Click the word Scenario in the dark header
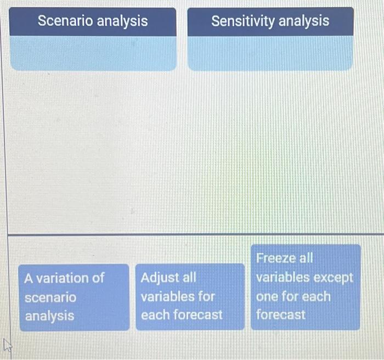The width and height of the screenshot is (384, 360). [x=65, y=21]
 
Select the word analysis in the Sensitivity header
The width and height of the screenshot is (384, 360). [x=304, y=21]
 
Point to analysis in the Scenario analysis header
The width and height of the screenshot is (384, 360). [x=122, y=21]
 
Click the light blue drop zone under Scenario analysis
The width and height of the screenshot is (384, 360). [x=93, y=53]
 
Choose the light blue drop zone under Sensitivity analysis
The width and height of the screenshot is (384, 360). [x=270, y=53]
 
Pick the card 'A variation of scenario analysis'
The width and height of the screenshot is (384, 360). [x=74, y=297]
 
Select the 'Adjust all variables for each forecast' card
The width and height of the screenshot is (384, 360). [x=190, y=297]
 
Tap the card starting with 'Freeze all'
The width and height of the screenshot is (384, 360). [x=306, y=287]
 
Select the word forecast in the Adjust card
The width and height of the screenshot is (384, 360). [x=198, y=315]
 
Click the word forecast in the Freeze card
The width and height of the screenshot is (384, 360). [x=281, y=314]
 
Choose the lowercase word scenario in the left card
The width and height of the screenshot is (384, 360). [x=50, y=298]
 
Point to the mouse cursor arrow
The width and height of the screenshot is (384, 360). [x=7, y=345]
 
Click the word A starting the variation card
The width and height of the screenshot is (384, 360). [x=29, y=279]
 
